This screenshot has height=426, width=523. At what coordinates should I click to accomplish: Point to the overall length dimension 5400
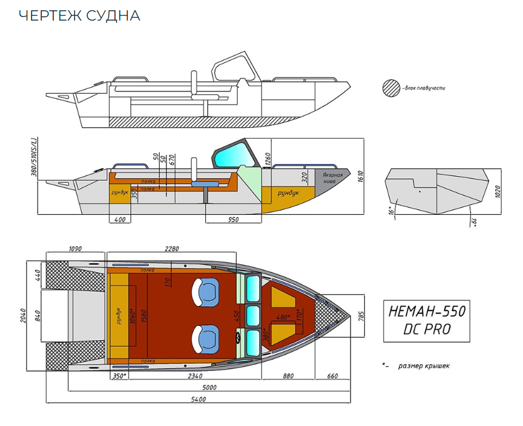pos(199,400)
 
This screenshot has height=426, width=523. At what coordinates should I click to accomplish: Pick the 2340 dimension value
pos(195,376)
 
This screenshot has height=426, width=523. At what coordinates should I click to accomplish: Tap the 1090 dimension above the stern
pos(76,248)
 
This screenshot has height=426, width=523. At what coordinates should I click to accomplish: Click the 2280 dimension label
pos(172,248)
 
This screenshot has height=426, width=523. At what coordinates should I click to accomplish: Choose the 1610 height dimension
pos(360,176)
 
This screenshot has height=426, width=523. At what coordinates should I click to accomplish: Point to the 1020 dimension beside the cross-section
pos(498,191)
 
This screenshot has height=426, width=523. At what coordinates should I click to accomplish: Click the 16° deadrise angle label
pos(392,211)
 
